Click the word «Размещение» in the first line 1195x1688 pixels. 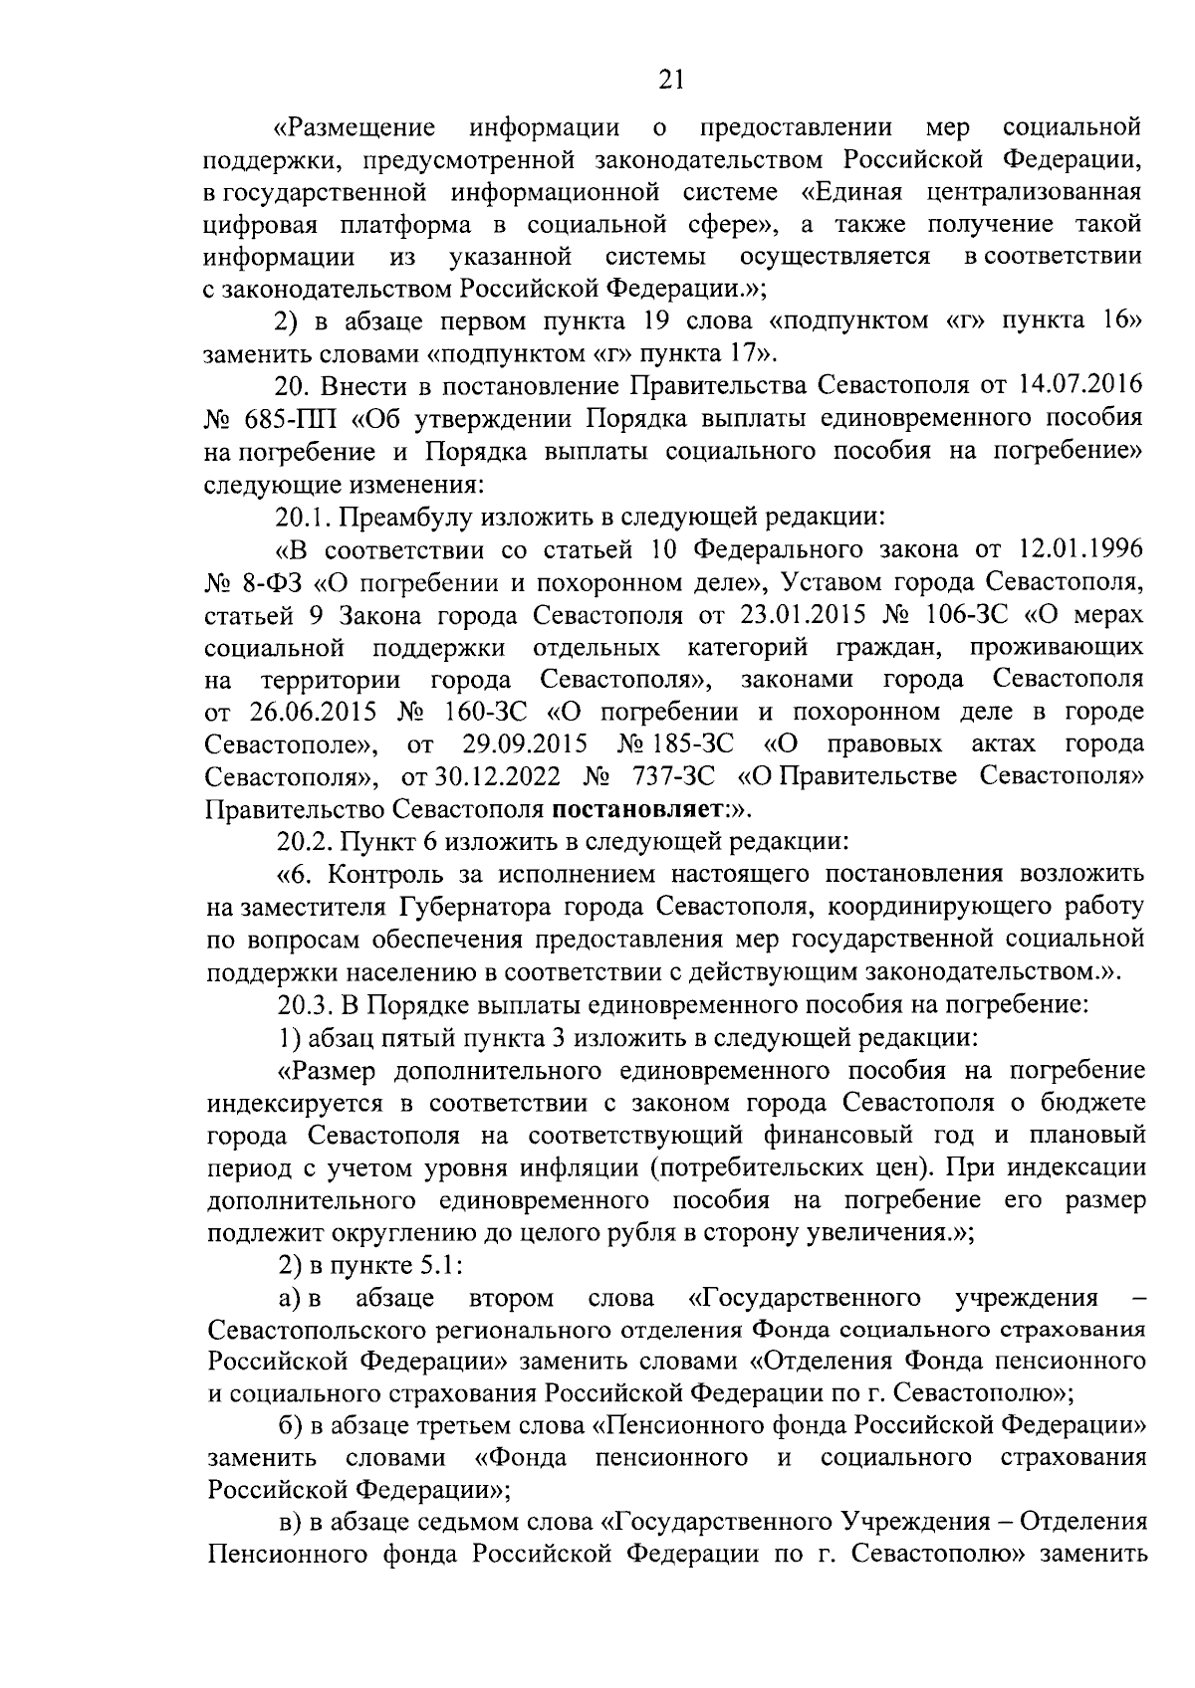click(x=356, y=128)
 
